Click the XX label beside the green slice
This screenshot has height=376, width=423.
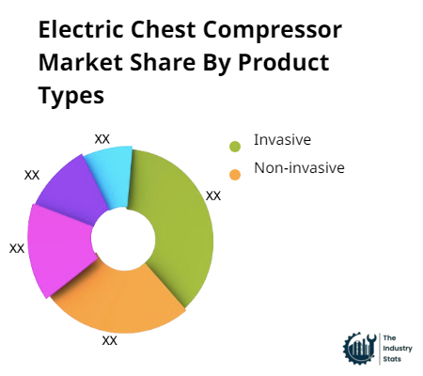tap(213, 196)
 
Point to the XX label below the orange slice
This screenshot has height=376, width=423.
tap(110, 340)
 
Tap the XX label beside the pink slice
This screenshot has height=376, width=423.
tap(17, 248)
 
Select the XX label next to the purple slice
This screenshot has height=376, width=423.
tap(32, 175)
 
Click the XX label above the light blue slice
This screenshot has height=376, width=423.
tap(102, 138)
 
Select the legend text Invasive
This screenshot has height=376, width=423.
tap(282, 141)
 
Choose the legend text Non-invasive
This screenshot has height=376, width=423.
tap(299, 169)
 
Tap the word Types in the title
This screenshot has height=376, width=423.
tap(71, 95)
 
